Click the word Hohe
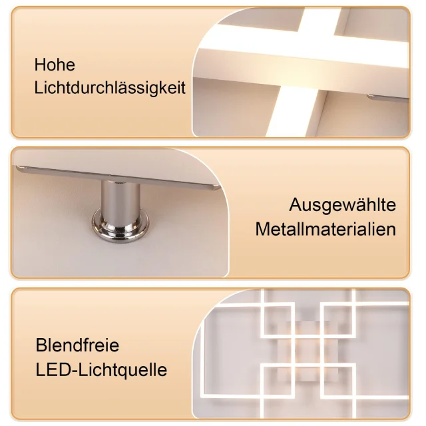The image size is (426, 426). tap(55, 65)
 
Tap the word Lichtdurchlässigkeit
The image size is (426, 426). tap(110, 88)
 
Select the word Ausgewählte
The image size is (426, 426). tap(343, 205)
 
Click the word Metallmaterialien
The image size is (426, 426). tap(325, 229)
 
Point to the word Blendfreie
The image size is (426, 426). tap(77, 345)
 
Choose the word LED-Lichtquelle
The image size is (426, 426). tap(101, 370)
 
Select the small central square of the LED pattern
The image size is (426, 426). tap(308, 351)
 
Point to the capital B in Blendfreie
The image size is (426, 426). tap(41, 345)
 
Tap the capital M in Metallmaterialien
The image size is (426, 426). tap(262, 229)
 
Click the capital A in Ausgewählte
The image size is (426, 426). tap(296, 204)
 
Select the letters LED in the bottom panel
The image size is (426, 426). tap(53, 370)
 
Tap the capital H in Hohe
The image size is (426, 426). tap(39, 65)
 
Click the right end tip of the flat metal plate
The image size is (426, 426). tap(220, 187)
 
